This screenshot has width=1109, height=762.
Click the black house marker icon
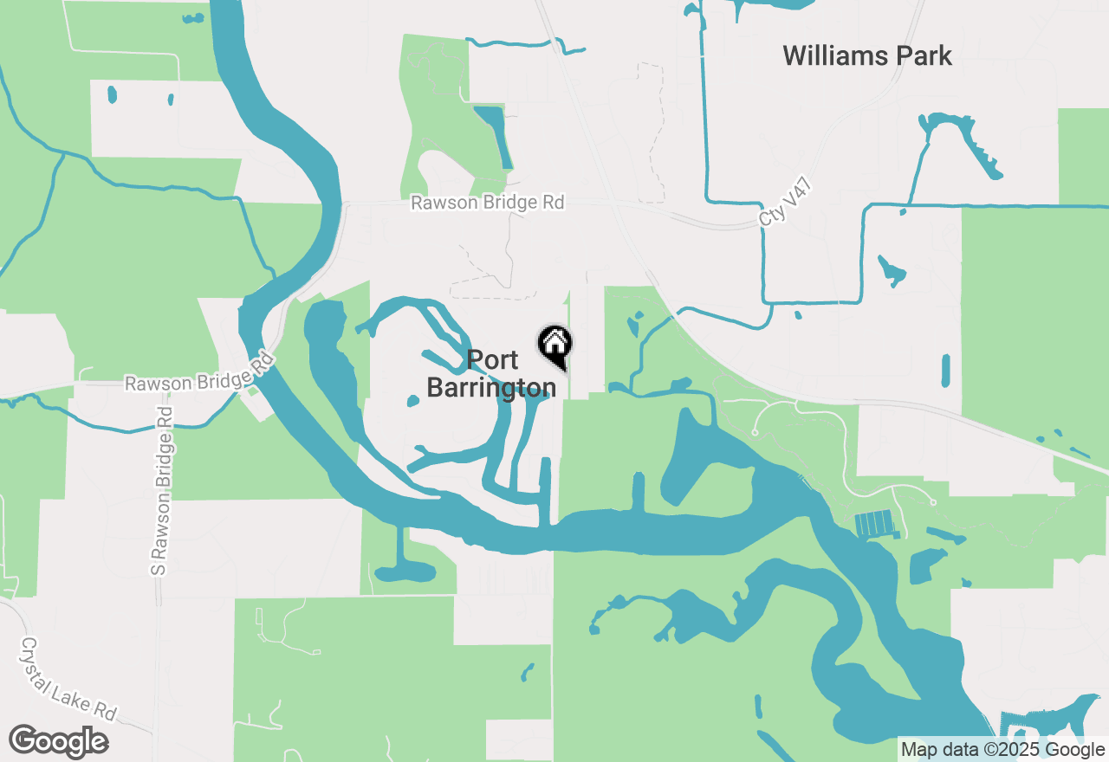[554, 344]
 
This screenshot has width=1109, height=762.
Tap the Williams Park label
[867, 56]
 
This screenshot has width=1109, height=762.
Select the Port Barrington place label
[491, 374]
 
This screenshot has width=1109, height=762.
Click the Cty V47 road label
[777, 205]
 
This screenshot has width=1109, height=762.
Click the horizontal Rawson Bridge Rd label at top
[487, 203]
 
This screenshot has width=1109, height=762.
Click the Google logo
[58, 742]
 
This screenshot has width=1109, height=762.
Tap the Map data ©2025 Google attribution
[1002, 750]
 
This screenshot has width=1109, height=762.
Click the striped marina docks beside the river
[873, 523]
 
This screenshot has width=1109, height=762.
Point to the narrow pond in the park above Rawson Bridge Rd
[494, 135]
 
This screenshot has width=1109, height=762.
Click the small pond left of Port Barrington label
[413, 400]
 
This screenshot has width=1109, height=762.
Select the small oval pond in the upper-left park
[111, 94]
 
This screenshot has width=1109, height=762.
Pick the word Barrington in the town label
[491, 388]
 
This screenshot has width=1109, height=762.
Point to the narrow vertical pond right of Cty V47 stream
[945, 370]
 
